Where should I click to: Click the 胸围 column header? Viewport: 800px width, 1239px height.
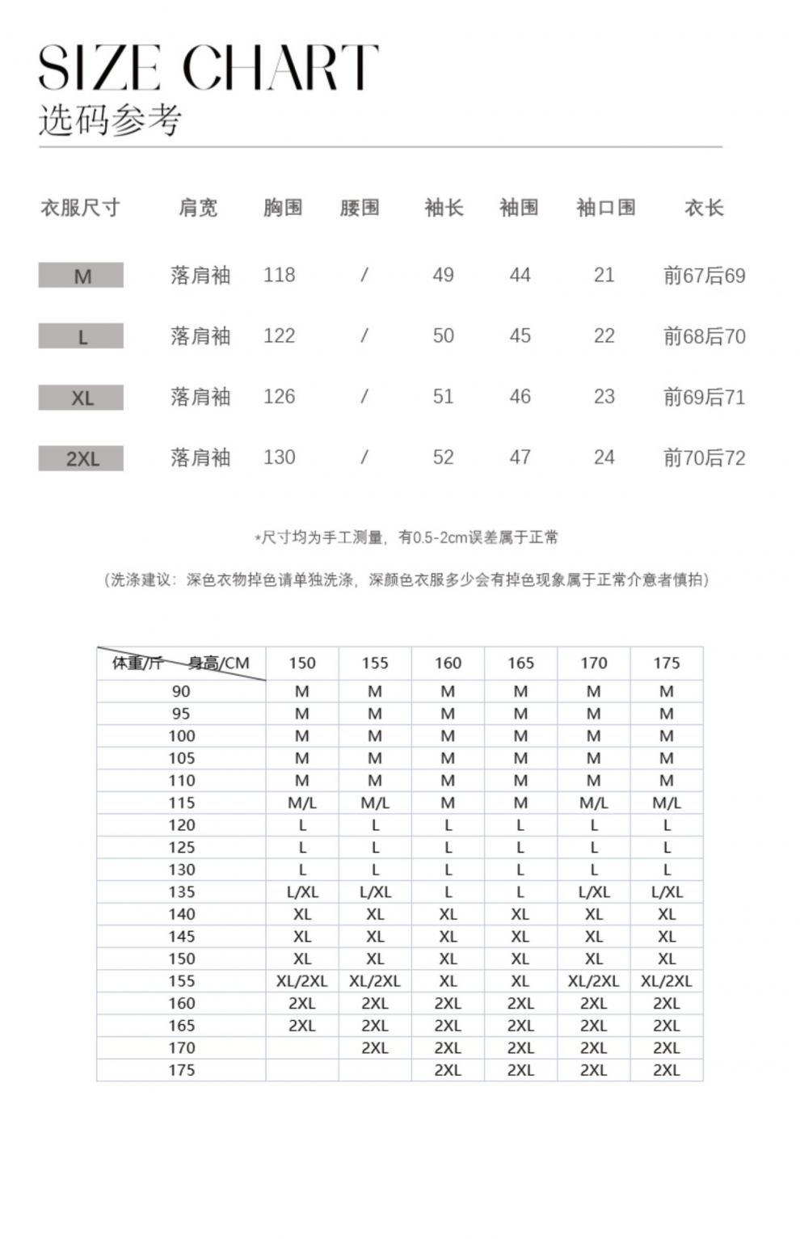coord(283,208)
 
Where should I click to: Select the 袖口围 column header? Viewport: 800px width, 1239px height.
coord(605,208)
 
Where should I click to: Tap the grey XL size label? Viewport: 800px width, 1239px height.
coord(82,398)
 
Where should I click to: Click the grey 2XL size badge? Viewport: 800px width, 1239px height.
coord(82,459)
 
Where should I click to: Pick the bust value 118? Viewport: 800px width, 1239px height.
coord(279,276)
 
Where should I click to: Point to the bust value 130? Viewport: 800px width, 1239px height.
coord(279,457)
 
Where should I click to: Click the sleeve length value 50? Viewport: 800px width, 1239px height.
coord(443,336)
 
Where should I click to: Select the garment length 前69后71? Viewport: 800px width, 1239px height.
coord(704,397)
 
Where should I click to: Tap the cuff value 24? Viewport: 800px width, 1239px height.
coord(604,457)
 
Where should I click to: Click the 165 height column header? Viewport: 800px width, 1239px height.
coord(520,664)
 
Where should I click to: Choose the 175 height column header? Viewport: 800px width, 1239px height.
coord(667,664)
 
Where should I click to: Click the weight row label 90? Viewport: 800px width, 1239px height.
coord(181,692)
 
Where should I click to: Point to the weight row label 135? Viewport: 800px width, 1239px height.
coord(181,892)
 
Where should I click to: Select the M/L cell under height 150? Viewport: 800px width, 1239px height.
coord(302,803)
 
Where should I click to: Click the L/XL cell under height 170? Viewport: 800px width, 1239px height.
coord(593,892)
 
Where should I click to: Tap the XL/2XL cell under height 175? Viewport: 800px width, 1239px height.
coord(667,981)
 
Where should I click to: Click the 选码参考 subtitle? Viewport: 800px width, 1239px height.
coord(110,120)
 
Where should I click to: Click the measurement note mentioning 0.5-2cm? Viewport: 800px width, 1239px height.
coord(406,537)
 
